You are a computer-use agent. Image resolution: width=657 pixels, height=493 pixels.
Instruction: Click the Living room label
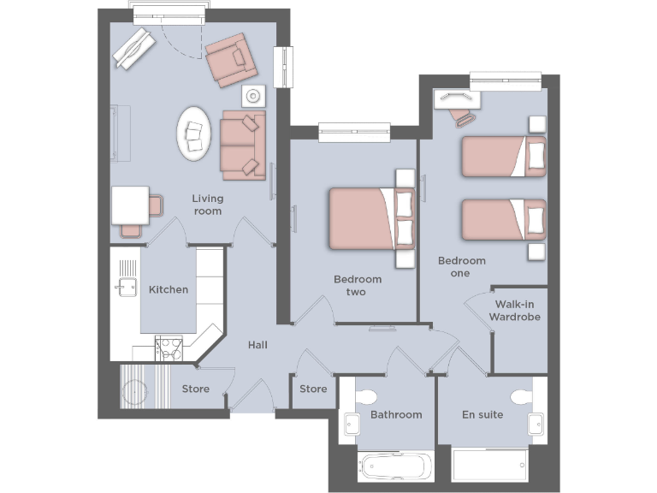coord(207,205)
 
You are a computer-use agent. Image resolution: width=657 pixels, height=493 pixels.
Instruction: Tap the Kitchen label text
coord(169,289)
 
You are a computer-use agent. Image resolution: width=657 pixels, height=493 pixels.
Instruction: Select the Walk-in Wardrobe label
coord(514,310)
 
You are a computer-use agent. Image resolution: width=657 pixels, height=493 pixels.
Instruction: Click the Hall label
coord(257,345)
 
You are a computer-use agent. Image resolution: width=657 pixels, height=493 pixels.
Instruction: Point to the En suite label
coord(482,414)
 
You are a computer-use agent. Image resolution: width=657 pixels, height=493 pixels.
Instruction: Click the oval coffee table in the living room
coord(194,133)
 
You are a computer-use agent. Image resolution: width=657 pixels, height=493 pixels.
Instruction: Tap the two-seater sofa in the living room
coord(242,145)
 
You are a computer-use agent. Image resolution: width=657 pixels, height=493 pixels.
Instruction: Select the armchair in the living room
coord(229,59)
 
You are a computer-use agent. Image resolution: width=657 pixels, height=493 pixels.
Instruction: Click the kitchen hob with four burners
coord(168,348)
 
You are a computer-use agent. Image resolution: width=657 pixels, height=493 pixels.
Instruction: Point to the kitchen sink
coord(127,287)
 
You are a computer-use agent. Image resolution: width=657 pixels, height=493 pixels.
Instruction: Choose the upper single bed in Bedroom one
coord(503,156)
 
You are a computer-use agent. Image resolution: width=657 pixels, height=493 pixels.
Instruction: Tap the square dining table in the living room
coord(130,205)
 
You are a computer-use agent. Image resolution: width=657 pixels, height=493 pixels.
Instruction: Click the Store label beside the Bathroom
coord(313,389)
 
